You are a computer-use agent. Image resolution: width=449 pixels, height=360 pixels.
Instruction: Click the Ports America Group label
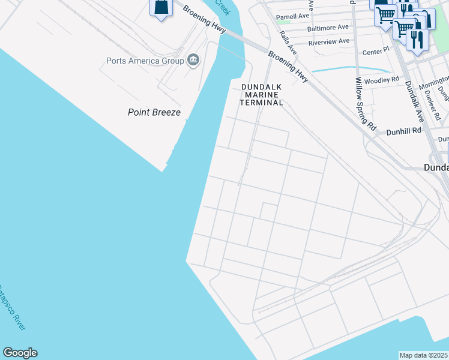coord(145,61)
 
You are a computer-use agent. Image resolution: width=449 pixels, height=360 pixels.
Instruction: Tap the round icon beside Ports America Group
coord(193,60)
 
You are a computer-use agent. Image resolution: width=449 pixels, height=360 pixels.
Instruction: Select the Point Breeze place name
coord(154,112)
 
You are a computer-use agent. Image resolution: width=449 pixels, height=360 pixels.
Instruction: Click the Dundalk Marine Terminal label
coord(262,95)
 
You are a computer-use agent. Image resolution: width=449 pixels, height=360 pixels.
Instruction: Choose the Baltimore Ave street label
coord(328,28)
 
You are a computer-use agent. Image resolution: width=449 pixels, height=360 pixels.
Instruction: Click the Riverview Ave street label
coord(328,41)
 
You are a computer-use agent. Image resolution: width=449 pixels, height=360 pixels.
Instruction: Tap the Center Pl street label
coord(376,52)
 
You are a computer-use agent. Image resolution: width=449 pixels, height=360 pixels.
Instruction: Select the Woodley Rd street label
coord(382,80)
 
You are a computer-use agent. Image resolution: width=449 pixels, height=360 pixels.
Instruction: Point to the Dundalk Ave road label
coord(414,102)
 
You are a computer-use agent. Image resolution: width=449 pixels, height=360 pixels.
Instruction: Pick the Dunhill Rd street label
coord(403,130)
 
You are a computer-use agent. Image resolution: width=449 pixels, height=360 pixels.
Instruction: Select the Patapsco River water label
coord(13,307)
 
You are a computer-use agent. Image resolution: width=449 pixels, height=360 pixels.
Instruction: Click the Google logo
coord(20,353)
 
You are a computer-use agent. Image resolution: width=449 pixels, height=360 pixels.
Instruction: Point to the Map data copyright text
coord(424,355)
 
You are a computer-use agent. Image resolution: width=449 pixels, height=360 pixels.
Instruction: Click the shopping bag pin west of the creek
coord(161,8)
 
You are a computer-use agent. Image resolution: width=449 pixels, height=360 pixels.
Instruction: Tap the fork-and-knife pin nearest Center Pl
coord(415,39)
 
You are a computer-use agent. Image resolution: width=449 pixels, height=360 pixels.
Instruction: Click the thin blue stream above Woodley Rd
coord(348,68)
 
